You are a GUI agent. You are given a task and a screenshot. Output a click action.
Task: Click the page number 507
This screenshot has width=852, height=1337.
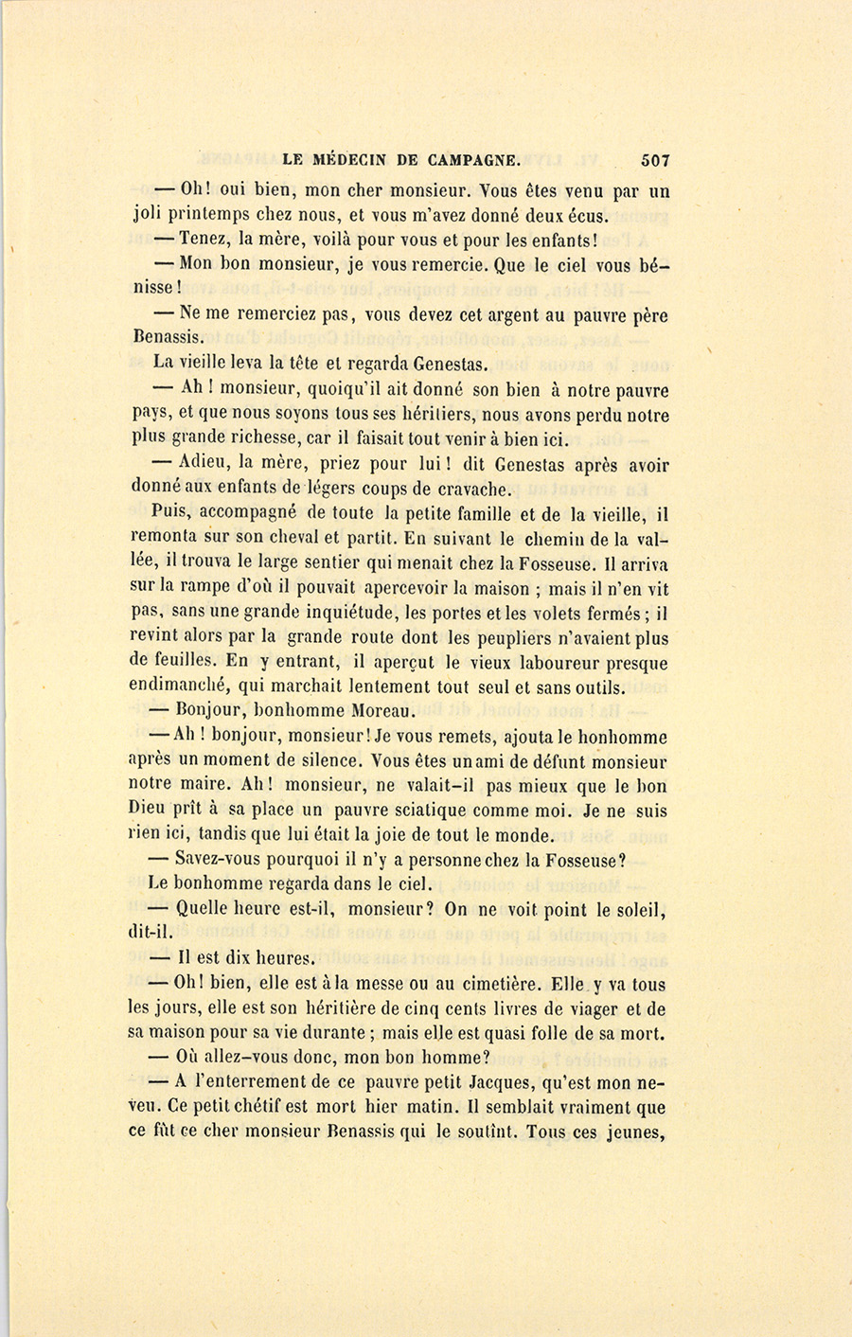point(654,160)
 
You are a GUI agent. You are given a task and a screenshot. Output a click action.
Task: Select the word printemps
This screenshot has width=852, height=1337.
point(211,215)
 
